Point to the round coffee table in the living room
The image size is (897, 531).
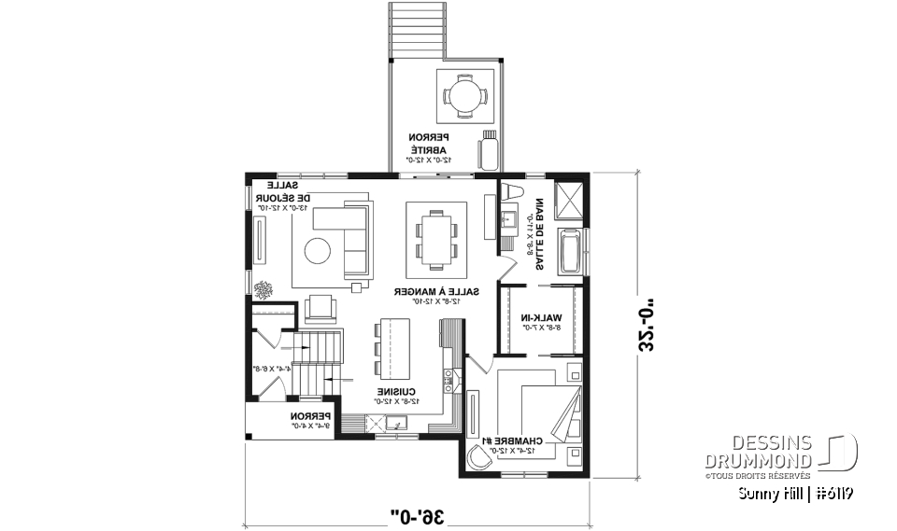coord(318,250)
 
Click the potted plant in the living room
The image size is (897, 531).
coord(263,289)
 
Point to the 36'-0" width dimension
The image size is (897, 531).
coord(416,511)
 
